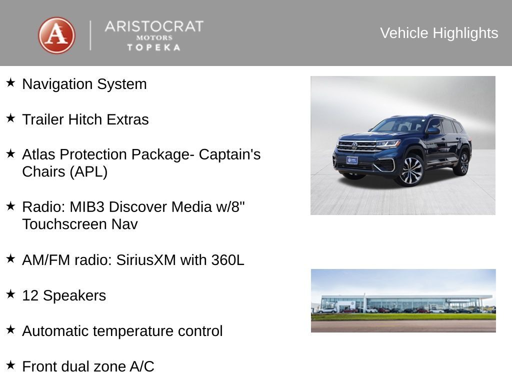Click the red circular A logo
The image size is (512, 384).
coord(56,35)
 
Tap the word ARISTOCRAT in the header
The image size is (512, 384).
coord(153,26)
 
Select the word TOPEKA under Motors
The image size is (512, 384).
coord(153,47)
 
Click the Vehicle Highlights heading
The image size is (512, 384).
coord(439,33)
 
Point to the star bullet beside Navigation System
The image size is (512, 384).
coord(10,82)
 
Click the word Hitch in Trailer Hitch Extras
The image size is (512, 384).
coord(85,120)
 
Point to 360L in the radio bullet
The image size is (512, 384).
coord(227,260)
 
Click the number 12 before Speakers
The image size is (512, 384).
coord(30,296)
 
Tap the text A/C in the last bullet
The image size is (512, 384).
coord(142,367)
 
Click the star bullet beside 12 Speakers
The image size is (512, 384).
coord(10,294)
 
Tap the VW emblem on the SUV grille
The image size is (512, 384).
coord(354,146)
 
